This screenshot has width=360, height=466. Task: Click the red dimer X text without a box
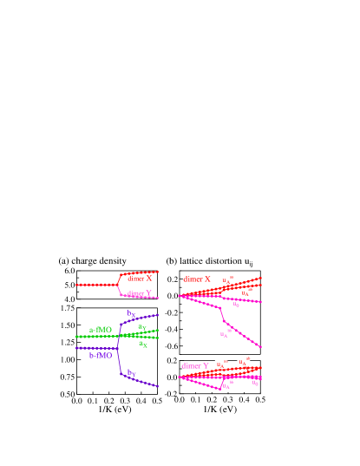coord(139,279)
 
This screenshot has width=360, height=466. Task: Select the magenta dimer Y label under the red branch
coord(139,293)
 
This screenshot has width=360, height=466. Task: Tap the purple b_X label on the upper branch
coord(132,314)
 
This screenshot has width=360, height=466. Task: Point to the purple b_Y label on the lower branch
coord(132,373)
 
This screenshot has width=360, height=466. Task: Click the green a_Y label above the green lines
coord(142,327)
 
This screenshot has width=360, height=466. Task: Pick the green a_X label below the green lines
coord(143,344)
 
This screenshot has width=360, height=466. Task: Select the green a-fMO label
coord(101,330)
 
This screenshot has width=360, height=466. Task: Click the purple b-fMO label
coord(101,355)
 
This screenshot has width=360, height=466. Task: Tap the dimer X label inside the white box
coord(197,279)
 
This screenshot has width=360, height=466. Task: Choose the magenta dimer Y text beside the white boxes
coord(195,365)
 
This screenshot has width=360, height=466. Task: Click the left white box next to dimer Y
coord(221,364)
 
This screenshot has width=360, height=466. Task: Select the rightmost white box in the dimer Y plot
coord(244,361)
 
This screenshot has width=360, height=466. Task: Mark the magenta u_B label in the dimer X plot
coord(236,305)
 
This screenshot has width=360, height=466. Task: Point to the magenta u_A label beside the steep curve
coord(224,334)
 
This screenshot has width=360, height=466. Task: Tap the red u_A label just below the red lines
coord(245,292)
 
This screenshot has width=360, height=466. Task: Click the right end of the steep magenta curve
coord(260,348)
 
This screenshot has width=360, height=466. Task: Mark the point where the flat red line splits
coord(118,284)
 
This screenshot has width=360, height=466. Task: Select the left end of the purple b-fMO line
coord(77,348)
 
